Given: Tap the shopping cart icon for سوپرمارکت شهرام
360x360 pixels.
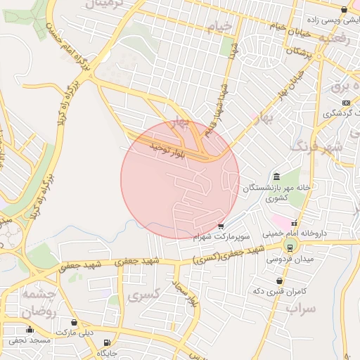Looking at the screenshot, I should tap(221, 226).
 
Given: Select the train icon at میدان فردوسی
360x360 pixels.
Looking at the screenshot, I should tap(289, 246).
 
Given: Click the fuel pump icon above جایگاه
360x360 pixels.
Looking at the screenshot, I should tap(106, 342).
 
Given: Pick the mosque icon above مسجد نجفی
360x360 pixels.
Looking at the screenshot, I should tap(30, 330).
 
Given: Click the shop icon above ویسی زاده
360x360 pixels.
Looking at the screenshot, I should tap(343, 10).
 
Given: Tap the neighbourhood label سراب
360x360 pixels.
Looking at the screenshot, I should tap(302, 309).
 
